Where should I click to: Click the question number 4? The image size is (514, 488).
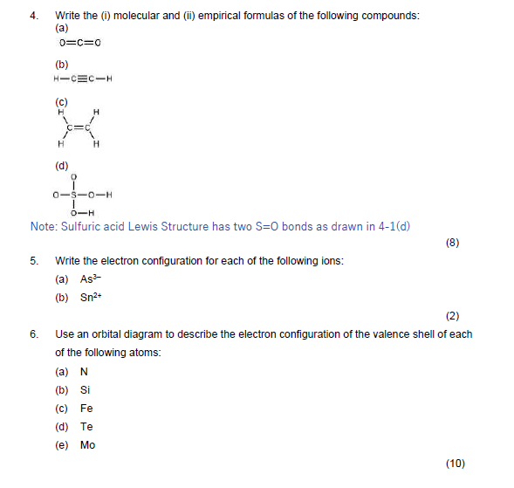pos(33,16)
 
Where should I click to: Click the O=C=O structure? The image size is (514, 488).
pos(80,43)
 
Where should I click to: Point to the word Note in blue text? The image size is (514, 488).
pos(44,226)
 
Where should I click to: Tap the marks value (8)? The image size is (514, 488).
pos(452,243)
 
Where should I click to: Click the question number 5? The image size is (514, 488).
pos(33,261)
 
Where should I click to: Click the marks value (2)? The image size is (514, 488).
pos(452,316)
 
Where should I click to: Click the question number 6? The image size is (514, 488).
pos(33,334)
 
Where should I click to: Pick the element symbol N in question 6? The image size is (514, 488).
pos(84,371)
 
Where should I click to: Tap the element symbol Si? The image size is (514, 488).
pos(85,389)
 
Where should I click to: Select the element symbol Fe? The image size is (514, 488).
pos(86,408)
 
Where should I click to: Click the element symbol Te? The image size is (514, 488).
pos(86,426)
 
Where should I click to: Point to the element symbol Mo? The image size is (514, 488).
pos(87,444)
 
